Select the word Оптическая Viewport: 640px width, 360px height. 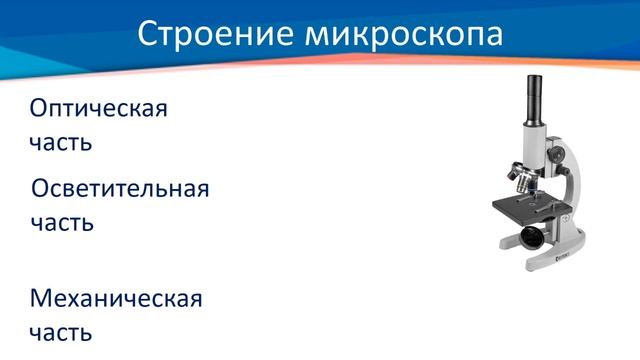[x=98, y=109]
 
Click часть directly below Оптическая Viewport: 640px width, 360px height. [x=61, y=142]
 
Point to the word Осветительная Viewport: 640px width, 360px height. [x=120, y=189]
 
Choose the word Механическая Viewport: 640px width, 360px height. [x=116, y=298]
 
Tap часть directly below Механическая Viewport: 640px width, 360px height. [x=61, y=331]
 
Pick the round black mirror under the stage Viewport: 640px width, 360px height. [x=529, y=237]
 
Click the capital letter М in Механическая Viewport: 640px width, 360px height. [x=43, y=298]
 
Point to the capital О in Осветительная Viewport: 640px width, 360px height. [x=42, y=189]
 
